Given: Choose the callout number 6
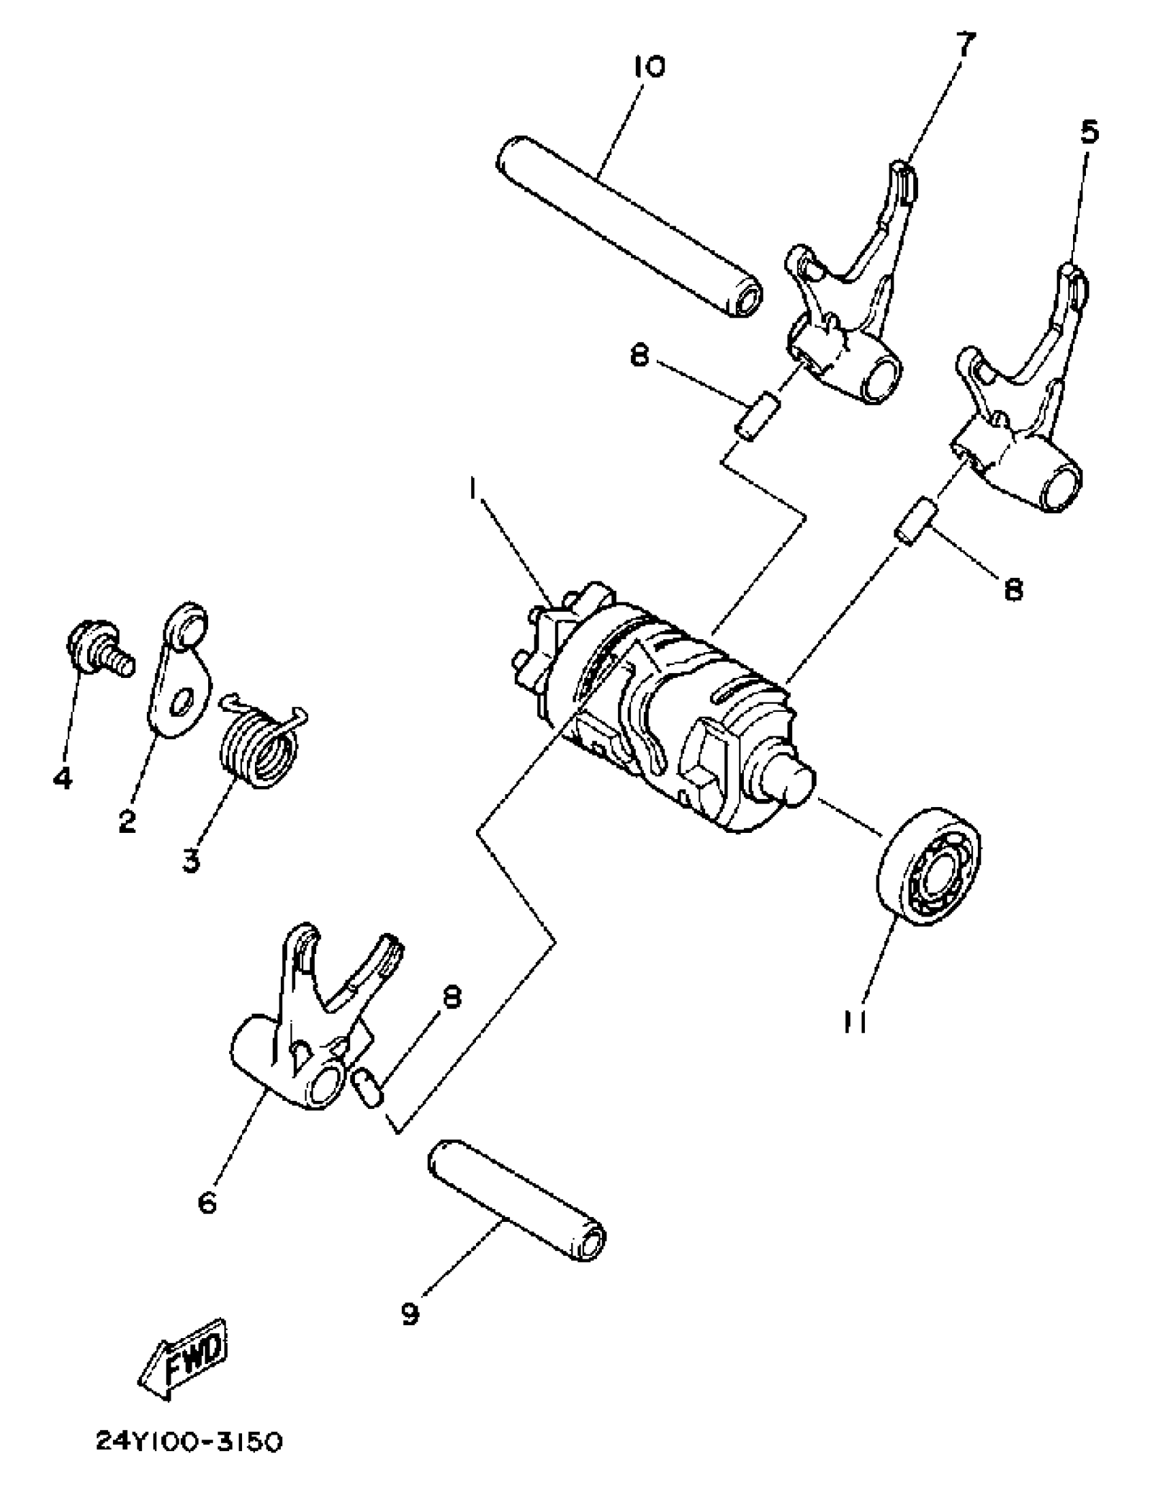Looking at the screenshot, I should pyautogui.click(x=207, y=1203).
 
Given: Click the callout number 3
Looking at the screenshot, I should pyautogui.click(x=191, y=861).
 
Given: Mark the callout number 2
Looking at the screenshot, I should pyautogui.click(x=126, y=821).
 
